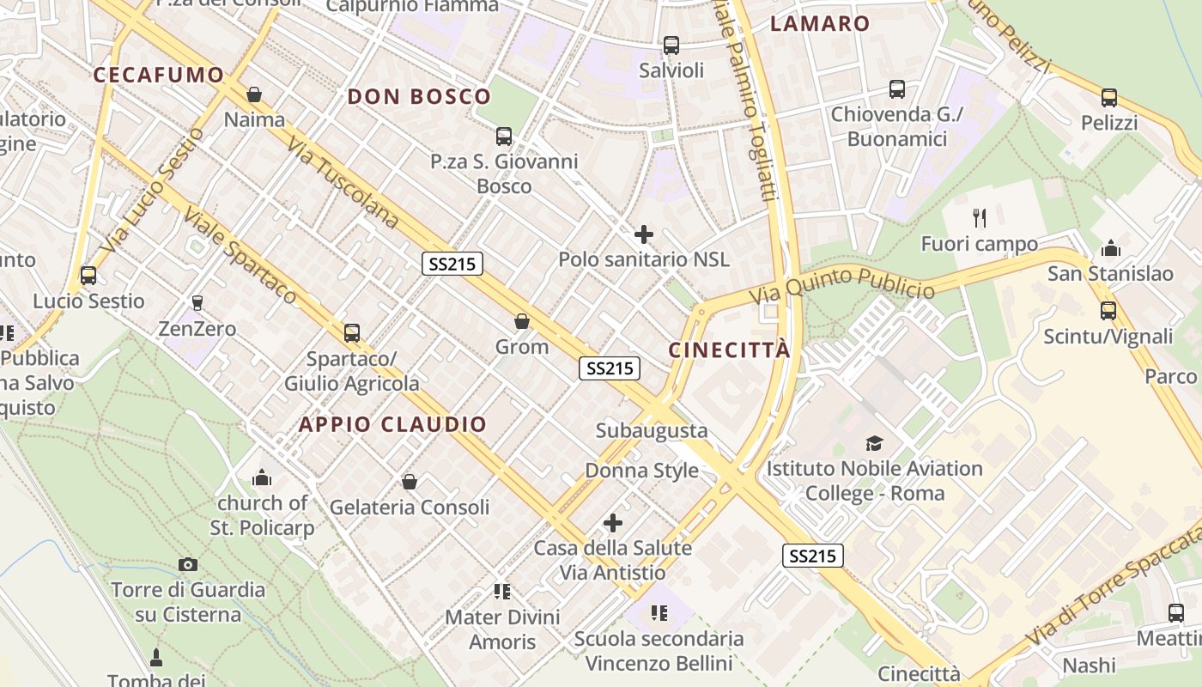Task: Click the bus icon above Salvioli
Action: (671, 46)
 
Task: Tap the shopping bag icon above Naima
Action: (254, 94)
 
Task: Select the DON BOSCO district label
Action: (419, 96)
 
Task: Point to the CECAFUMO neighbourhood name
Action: (159, 75)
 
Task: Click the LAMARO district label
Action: (820, 23)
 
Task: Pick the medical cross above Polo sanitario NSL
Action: (643, 234)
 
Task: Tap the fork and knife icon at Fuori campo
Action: (979, 218)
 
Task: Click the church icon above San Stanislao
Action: (1110, 249)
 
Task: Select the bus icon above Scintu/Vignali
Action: (1108, 311)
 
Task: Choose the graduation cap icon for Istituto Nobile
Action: (874, 443)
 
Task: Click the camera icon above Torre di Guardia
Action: (188, 564)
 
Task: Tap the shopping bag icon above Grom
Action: (521, 322)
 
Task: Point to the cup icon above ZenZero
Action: (197, 302)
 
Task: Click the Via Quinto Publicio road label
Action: (841, 284)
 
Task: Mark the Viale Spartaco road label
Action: (240, 257)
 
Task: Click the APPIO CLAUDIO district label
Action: (392, 424)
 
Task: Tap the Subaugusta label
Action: (652, 430)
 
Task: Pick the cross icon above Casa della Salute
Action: (613, 522)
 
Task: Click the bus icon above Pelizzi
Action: (1109, 98)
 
